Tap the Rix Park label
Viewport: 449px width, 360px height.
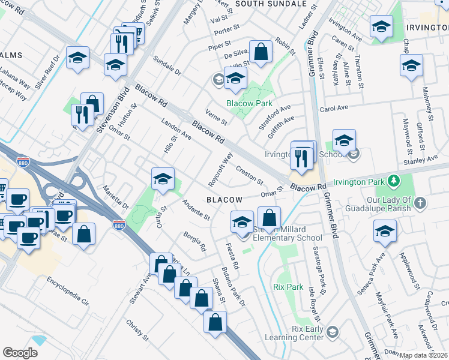(x=288, y=287)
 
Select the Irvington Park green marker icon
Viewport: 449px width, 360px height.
(x=394, y=181)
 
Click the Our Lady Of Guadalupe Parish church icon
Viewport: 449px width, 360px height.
(x=420, y=203)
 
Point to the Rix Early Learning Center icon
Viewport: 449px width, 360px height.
(x=333, y=332)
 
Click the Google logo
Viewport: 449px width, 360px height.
(x=20, y=352)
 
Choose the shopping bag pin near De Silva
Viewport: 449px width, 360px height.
(x=261, y=53)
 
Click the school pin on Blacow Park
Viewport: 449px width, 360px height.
(x=235, y=79)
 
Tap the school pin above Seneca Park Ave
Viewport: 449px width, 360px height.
(x=385, y=232)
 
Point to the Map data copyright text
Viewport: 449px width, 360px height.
(x=424, y=355)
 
